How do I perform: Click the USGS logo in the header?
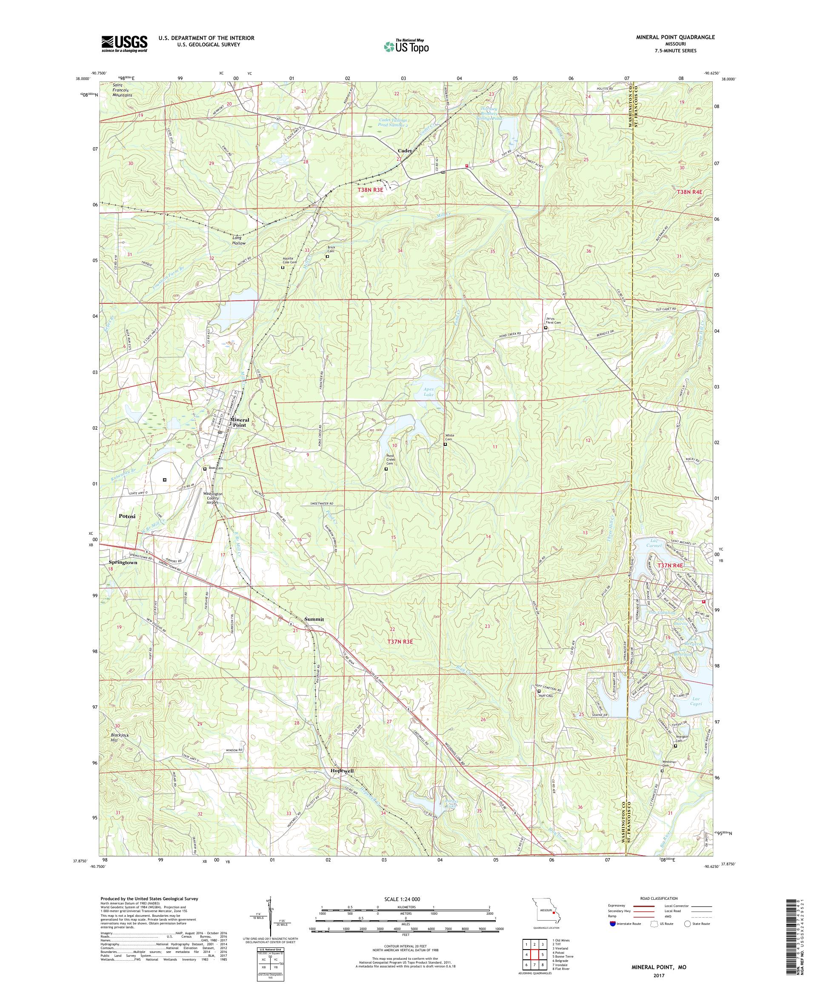(124, 44)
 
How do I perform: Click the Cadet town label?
(404, 151)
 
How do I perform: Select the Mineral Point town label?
(238, 422)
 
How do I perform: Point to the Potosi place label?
(127, 516)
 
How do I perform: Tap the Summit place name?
(314, 619)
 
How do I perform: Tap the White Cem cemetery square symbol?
(445, 444)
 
